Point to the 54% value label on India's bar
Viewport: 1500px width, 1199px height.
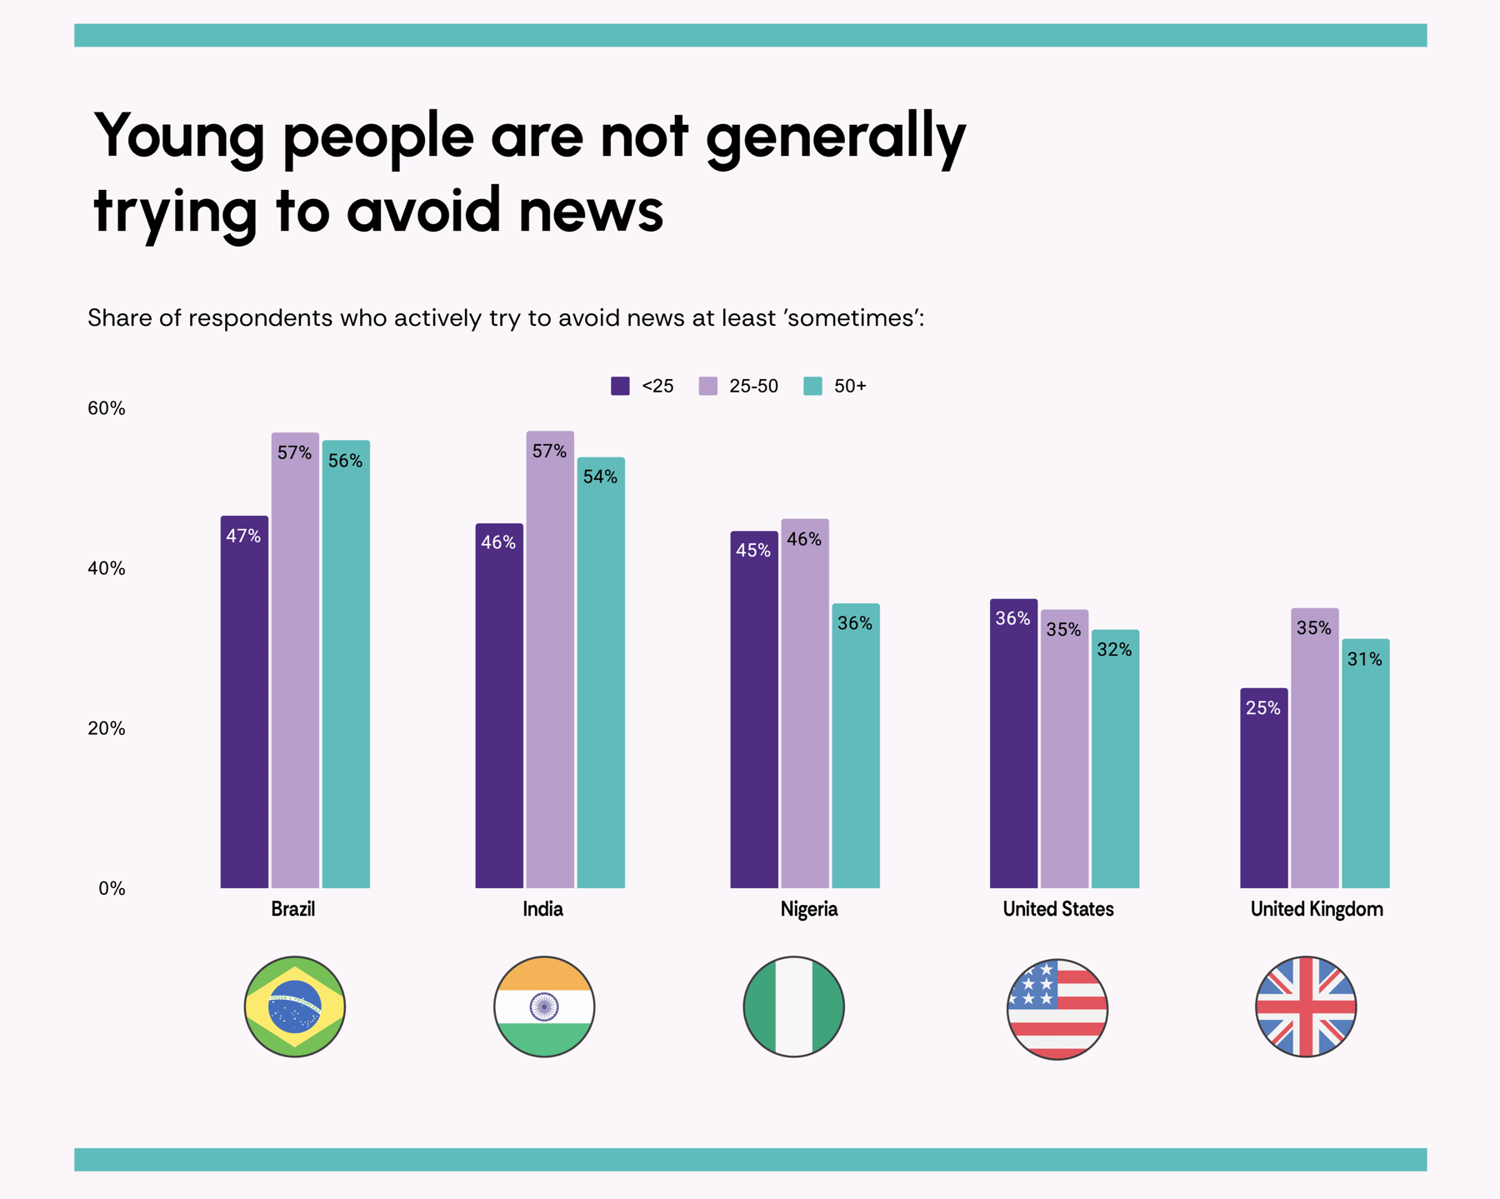600,477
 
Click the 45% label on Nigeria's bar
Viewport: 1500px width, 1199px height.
753,550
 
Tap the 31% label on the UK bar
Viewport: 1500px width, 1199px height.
1365,659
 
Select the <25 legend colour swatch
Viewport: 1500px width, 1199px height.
620,386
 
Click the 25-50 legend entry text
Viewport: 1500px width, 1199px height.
753,386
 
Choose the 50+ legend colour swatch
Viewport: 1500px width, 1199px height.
812,386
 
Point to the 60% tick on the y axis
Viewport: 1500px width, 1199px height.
107,408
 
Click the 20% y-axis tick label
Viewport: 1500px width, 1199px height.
107,728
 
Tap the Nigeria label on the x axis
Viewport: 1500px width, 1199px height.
808,909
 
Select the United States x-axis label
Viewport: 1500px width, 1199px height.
1057,909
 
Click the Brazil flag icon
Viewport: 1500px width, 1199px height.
295,1007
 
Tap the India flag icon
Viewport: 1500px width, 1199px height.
544,1007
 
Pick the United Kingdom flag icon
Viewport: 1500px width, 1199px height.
1306,1007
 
